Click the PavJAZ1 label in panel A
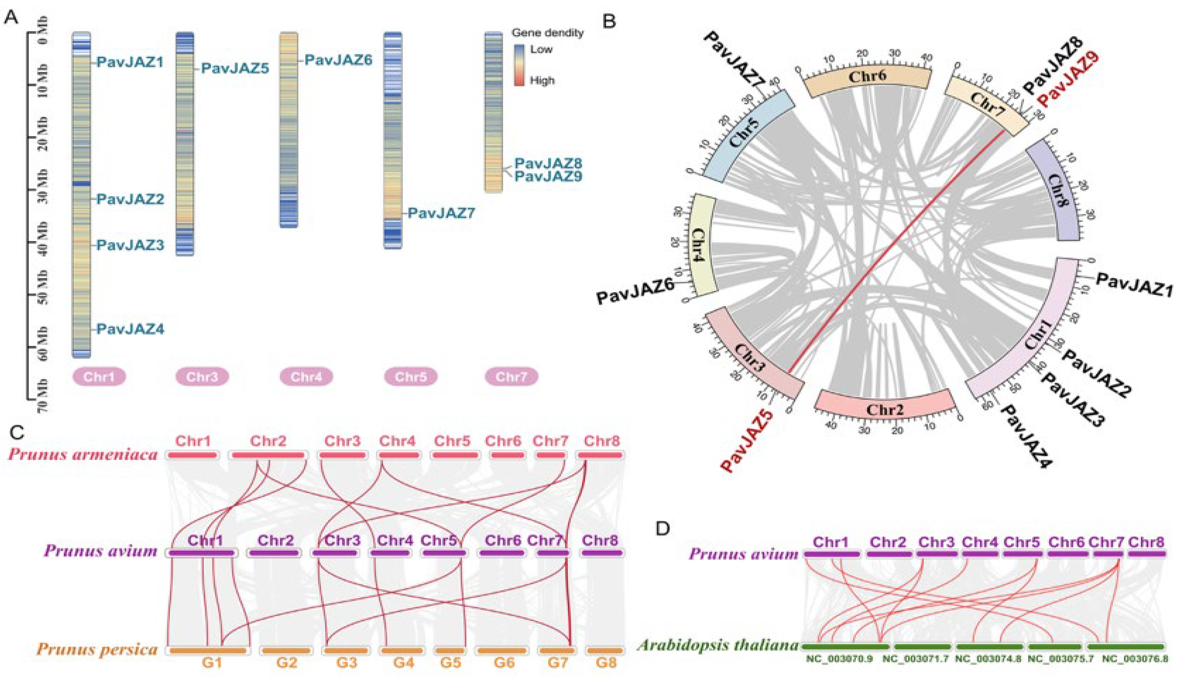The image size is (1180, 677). coord(130,62)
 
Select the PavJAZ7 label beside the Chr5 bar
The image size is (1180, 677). coord(441,214)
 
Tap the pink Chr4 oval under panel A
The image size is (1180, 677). coord(306,376)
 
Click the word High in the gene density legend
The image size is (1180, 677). coord(542,81)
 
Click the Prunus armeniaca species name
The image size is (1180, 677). coord(83,454)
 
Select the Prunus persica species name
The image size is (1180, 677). coord(97,649)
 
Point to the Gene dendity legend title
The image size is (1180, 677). coord(548,33)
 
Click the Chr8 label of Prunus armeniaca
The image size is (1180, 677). coord(602,441)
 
